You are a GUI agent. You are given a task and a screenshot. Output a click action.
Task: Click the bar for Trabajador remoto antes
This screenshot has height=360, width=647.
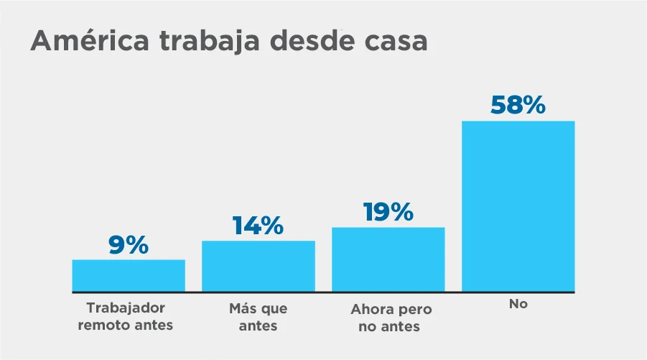[129, 276]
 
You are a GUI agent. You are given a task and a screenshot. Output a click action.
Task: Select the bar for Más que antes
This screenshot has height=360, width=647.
[258, 267]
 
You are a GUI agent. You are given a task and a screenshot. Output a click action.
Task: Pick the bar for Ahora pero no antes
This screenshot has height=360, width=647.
[388, 259]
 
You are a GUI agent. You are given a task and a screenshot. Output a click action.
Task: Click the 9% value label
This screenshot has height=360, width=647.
[129, 245]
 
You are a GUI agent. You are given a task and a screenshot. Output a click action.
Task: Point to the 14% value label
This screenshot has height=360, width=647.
[258, 226]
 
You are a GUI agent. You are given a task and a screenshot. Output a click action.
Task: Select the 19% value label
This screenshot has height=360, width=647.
[388, 212]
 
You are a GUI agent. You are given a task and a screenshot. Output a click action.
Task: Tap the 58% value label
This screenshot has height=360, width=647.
[518, 105]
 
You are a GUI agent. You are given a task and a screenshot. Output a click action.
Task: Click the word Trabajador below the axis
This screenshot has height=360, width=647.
[126, 308]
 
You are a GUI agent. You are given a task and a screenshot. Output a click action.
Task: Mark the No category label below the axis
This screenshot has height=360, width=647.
[518, 304]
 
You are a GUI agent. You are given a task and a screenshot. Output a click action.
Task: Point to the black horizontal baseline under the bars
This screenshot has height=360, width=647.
[323, 292]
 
